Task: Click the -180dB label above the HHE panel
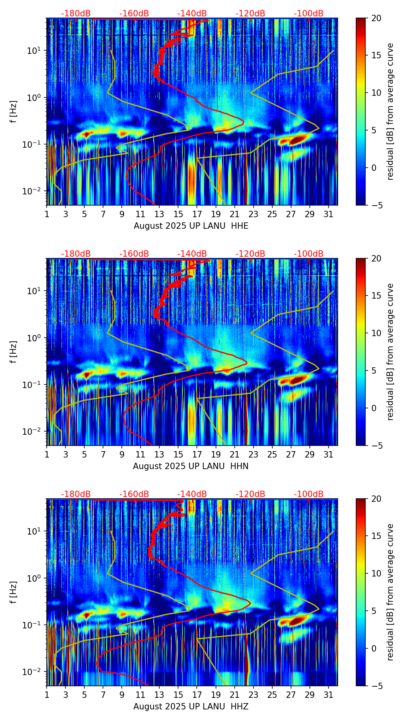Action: [x=76, y=14]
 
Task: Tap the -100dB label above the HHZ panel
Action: [x=309, y=494]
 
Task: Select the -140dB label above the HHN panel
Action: [x=192, y=254]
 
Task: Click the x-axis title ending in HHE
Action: [x=191, y=226]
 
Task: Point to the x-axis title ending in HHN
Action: [x=191, y=466]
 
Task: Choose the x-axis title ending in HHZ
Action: [x=191, y=707]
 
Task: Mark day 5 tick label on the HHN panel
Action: [x=84, y=454]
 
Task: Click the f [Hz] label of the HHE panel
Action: [x=14, y=112]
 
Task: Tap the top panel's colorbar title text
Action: [x=390, y=112]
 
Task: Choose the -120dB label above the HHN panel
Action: [x=250, y=254]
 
